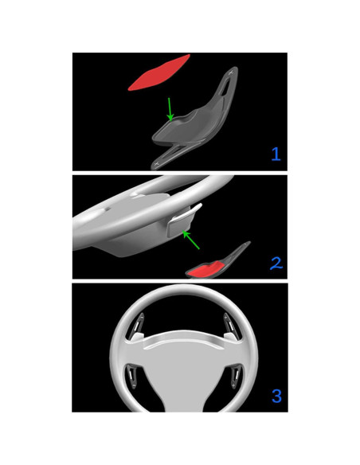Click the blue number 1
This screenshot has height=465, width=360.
[x=276, y=154]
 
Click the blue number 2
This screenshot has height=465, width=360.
[x=275, y=262]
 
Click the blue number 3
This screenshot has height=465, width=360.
[x=276, y=395]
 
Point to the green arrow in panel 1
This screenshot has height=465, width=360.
[x=167, y=109]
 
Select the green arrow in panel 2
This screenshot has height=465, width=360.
[x=192, y=240]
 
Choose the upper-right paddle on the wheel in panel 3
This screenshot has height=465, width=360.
[x=229, y=323]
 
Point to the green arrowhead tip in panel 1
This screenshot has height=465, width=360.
[x=169, y=120]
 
